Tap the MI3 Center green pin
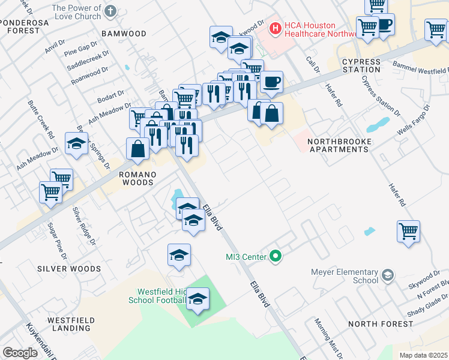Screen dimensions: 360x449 pyautogui.click(x=276, y=257)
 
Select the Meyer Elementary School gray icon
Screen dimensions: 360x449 pyautogui.click(x=388, y=275)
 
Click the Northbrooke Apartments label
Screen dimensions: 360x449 pyautogui.click(x=340, y=145)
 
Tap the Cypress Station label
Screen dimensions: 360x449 pyautogui.click(x=361, y=65)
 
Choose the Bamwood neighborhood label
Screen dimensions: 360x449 pyautogui.click(x=124, y=34)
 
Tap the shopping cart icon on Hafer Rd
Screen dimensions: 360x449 pyautogui.click(x=408, y=231)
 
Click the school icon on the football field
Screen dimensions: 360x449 pyautogui.click(x=197, y=299)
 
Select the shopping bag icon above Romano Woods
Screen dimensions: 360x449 pyautogui.click(x=138, y=149)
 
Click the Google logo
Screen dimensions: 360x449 pyautogui.click(x=20, y=352)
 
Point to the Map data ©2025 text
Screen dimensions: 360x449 pyautogui.click(x=423, y=355)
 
